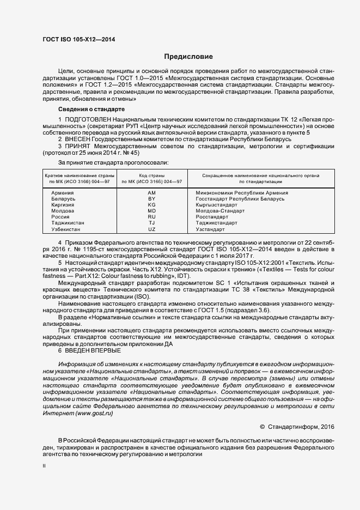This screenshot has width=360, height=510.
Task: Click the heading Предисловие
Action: point(188,57)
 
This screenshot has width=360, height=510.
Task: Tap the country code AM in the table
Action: point(151,193)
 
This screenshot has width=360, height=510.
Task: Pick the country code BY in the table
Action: point(151,199)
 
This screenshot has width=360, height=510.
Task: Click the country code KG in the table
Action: point(151,205)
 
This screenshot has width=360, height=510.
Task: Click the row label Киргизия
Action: point(63,205)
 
